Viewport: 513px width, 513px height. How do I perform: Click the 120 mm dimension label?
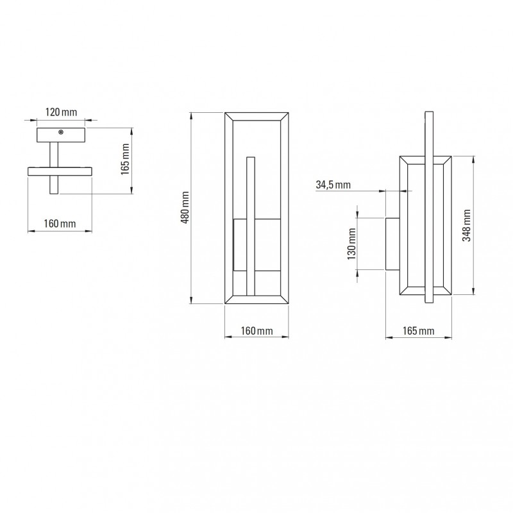pos(61,112)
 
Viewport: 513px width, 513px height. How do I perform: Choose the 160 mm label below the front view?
pos(258,331)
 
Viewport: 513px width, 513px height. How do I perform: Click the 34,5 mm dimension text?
pos(333,185)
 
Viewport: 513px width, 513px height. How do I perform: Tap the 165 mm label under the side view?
pos(417,331)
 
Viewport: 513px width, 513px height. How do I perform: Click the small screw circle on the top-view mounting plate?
pos(61,133)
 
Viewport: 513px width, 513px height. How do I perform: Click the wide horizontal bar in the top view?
pos(60,171)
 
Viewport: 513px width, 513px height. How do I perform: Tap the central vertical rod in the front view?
pos(251,224)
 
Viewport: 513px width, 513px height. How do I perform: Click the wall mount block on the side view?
pos(391,244)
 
